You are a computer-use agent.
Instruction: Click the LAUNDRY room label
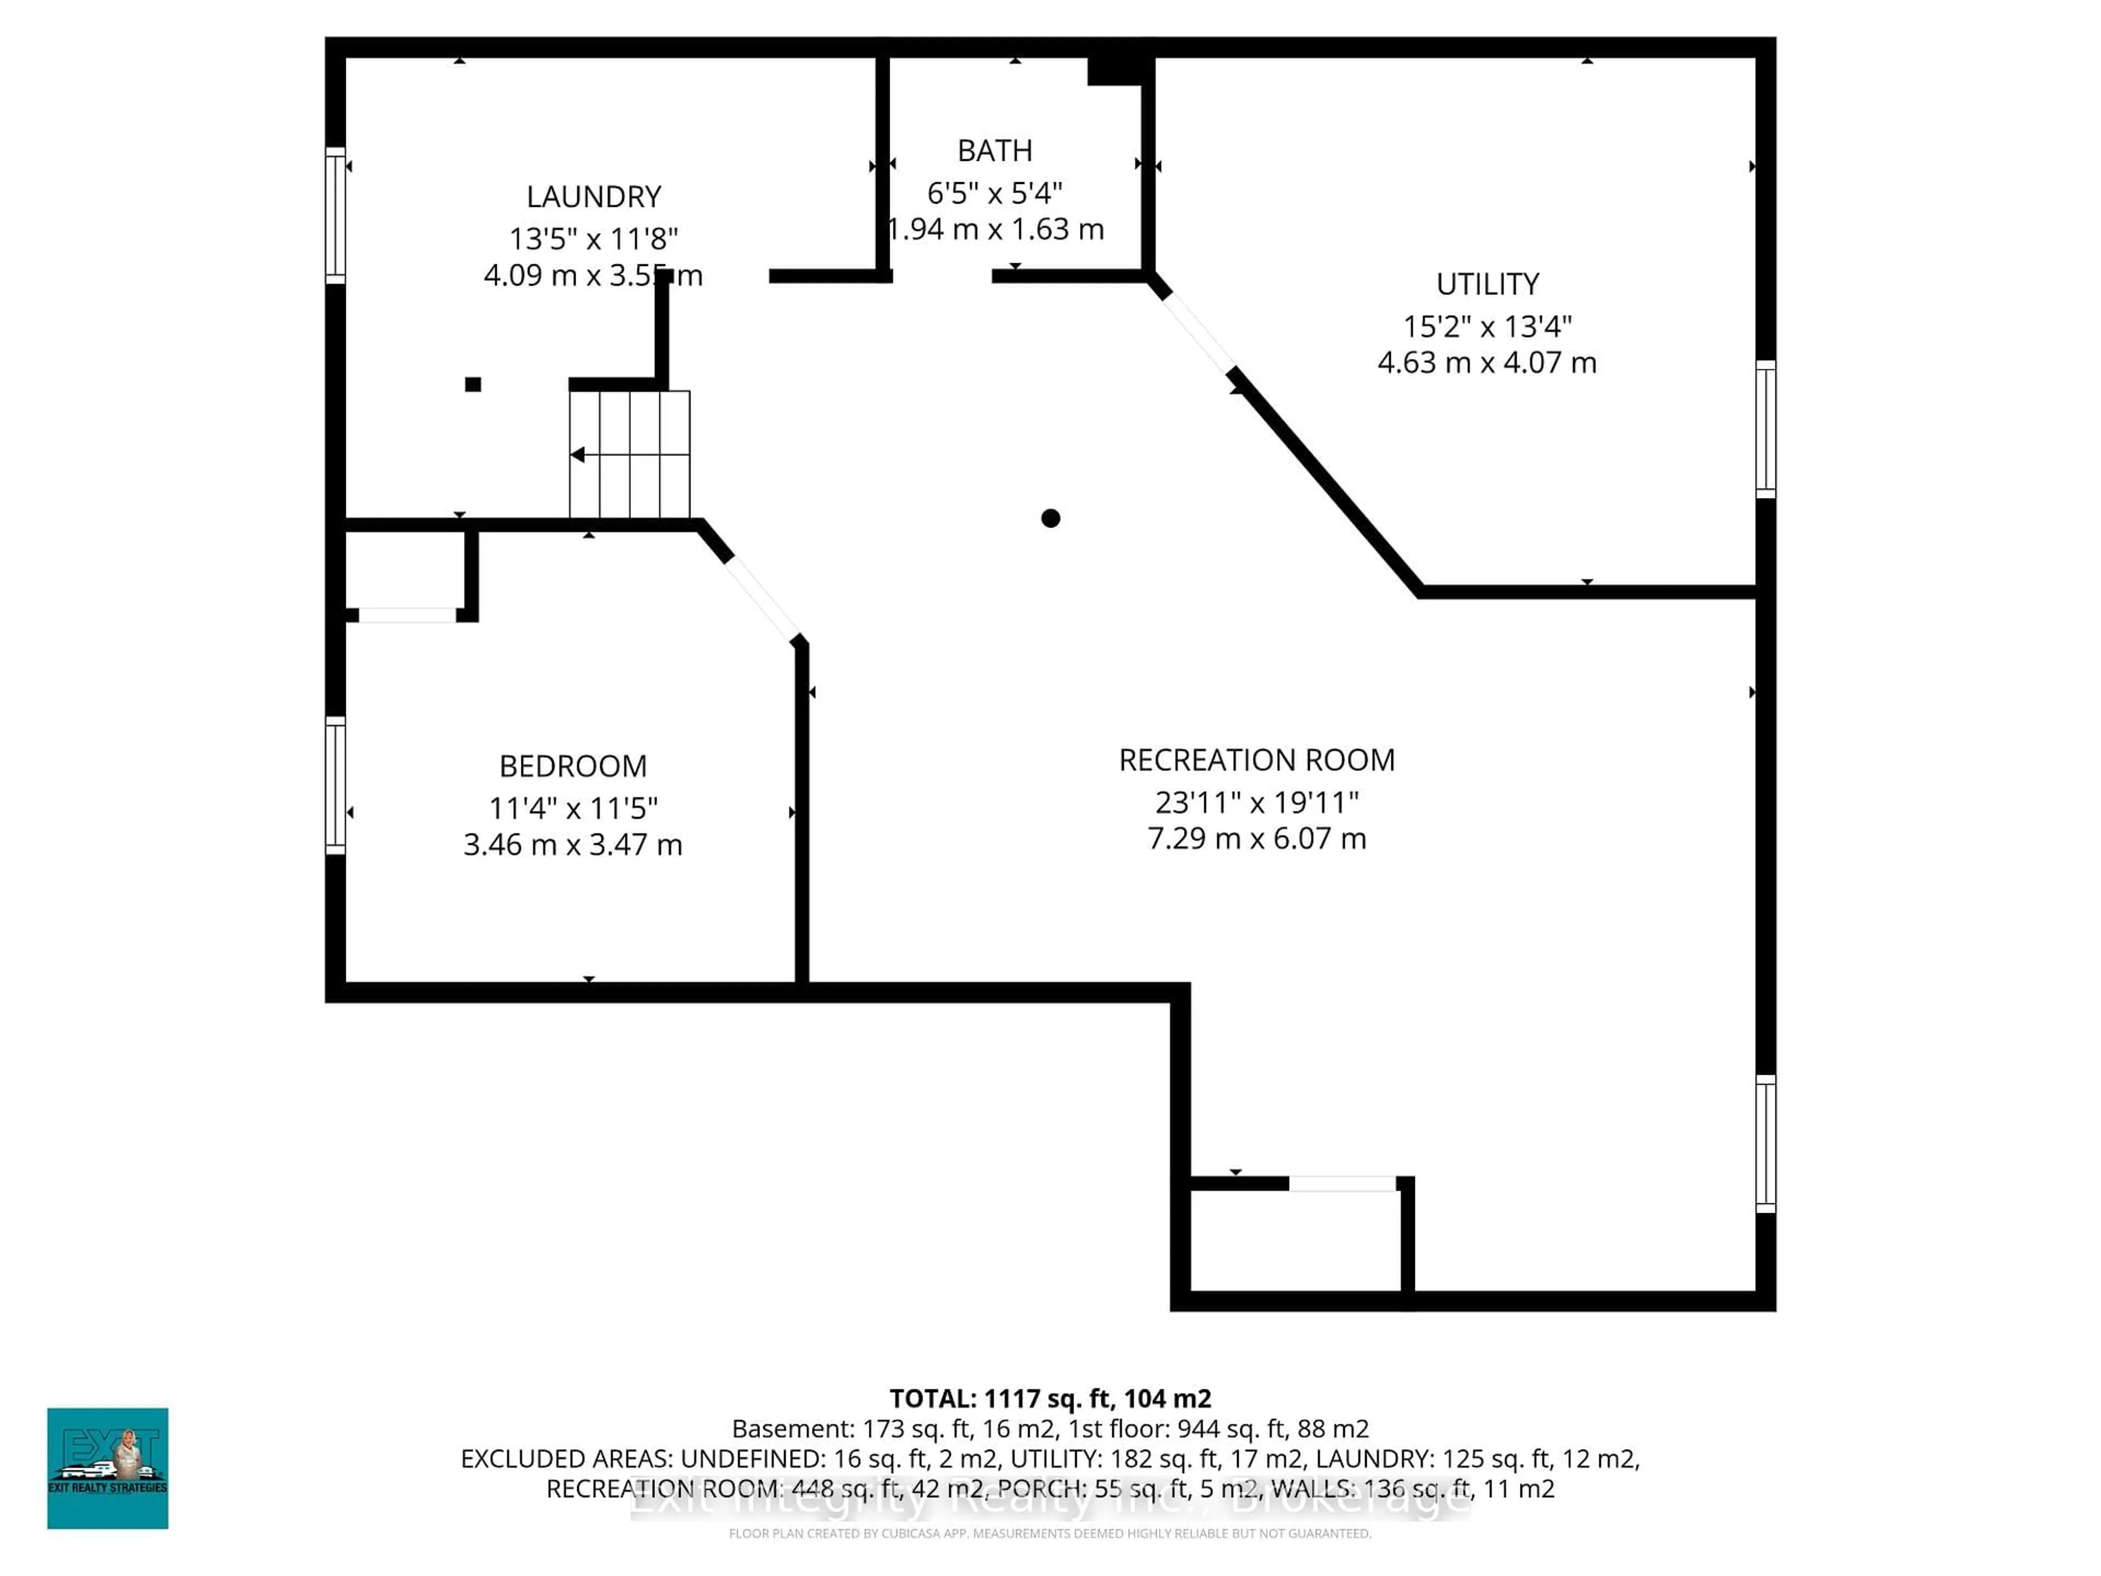click(x=594, y=196)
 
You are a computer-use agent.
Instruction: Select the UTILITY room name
click(x=1488, y=284)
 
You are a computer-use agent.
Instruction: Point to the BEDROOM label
click(x=573, y=766)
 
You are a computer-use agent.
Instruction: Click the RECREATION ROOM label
click(x=1257, y=760)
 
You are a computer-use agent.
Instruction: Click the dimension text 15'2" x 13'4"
click(x=1488, y=327)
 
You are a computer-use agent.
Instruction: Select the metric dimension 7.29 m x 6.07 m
click(x=1257, y=839)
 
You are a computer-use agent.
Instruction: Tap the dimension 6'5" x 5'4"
click(x=995, y=193)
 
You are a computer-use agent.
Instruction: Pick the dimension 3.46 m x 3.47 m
click(x=573, y=844)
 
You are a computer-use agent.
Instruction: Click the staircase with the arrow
click(x=630, y=454)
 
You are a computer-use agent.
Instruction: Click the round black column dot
click(x=1050, y=518)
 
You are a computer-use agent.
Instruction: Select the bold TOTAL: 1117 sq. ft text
click(x=1049, y=1398)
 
